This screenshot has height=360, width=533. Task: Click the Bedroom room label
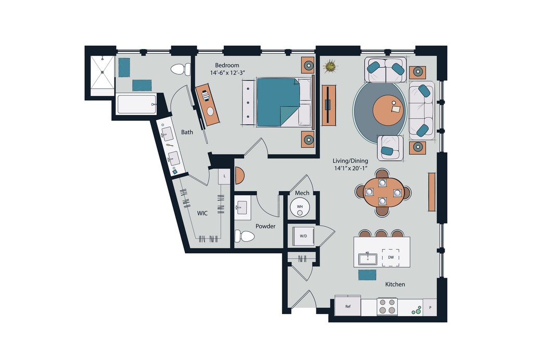tap(227, 65)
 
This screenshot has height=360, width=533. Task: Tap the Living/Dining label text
tap(350, 160)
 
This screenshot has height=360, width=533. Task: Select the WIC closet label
tap(202, 214)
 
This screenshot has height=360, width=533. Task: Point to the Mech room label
tap(302, 193)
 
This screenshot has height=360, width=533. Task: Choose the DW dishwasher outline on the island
tap(390, 257)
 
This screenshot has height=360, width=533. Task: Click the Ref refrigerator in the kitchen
tap(348, 306)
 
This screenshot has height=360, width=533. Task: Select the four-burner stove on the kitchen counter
tap(387, 306)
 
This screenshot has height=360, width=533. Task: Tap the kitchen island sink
tap(367, 258)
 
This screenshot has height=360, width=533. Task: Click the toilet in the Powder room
tap(245, 236)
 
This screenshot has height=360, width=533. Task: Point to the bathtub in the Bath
tap(136, 105)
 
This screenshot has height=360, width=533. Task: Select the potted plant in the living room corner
tap(329, 66)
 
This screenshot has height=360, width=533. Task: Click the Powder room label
tap(265, 226)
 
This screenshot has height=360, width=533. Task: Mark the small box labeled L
tap(224, 176)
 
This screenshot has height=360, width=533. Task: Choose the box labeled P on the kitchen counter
tap(430, 307)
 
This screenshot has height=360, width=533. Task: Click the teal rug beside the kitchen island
tap(367, 275)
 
